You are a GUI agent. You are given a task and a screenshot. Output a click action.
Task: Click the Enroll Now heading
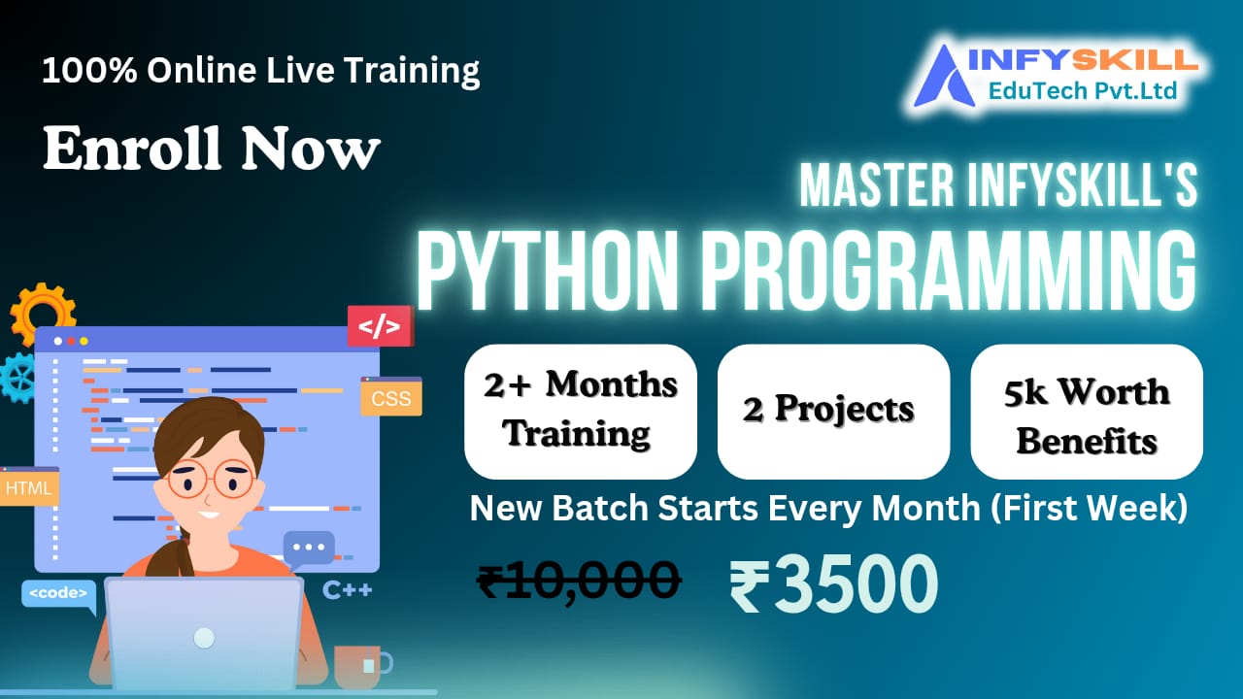(x=211, y=150)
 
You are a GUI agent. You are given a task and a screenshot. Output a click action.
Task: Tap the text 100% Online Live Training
(x=260, y=71)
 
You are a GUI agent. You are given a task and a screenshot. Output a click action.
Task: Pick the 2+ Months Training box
(x=580, y=411)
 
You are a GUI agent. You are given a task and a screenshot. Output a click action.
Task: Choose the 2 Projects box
(x=832, y=411)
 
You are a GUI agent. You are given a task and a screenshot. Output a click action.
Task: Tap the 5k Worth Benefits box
(x=1086, y=411)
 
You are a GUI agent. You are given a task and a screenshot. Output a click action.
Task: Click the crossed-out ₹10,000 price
(x=579, y=581)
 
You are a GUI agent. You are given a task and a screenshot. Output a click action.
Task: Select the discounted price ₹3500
(x=833, y=586)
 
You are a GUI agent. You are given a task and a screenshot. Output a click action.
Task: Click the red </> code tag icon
(x=380, y=326)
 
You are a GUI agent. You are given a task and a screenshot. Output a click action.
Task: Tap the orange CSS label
(x=391, y=397)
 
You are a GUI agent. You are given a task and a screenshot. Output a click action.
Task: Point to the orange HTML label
(x=29, y=487)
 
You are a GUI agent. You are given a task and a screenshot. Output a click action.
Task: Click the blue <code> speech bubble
(x=58, y=593)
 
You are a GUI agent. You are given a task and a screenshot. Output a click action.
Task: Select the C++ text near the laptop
(x=348, y=589)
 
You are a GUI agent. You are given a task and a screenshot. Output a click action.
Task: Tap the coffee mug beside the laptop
(x=361, y=665)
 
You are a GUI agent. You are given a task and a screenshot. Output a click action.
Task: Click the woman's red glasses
(x=211, y=480)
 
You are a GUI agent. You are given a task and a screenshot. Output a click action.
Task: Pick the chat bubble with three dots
(x=309, y=549)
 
